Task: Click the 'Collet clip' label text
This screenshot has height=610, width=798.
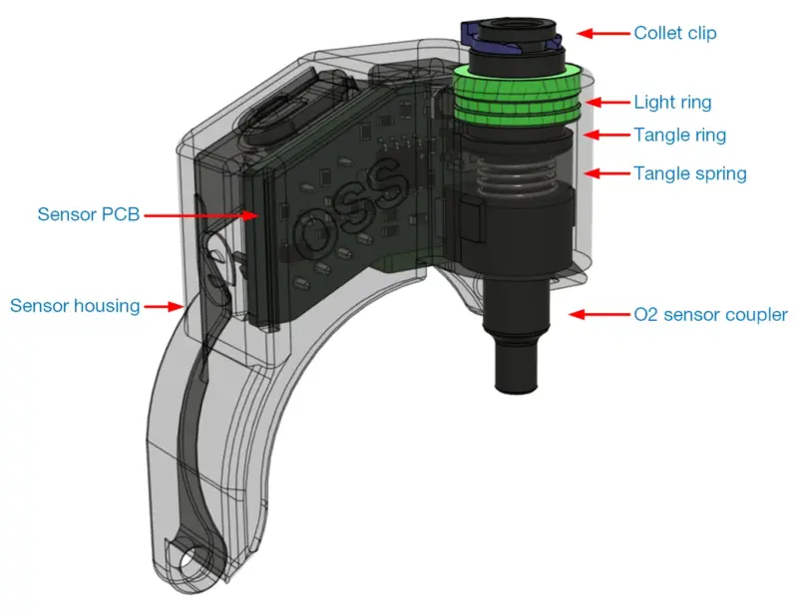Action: tap(674, 33)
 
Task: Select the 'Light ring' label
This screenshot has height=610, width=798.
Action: tap(672, 102)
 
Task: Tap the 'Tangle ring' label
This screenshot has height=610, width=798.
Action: tap(679, 135)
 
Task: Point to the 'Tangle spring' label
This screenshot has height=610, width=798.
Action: tap(689, 173)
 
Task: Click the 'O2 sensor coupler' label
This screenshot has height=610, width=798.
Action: tap(710, 315)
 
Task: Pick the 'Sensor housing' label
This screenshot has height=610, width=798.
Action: tap(75, 306)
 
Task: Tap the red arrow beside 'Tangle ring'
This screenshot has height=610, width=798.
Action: tap(604, 135)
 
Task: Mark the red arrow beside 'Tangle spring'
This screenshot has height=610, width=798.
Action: tap(604, 173)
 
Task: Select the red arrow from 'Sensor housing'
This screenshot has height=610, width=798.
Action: tap(166, 306)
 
